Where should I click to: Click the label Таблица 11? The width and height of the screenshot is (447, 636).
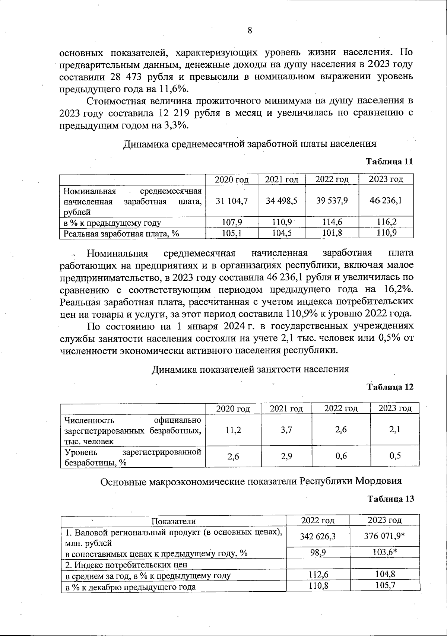[x=390, y=162]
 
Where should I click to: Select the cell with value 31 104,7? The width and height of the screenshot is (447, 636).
[x=232, y=201]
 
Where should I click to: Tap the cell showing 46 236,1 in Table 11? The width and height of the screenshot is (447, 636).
[x=386, y=201]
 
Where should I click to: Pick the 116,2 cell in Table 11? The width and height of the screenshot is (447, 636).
[x=386, y=222]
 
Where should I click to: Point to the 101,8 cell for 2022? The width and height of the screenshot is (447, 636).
[x=332, y=233]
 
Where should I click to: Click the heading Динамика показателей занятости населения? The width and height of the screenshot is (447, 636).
[x=250, y=369]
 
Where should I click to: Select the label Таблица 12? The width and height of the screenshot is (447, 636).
[x=390, y=387]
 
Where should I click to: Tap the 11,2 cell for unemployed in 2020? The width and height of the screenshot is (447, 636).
[x=233, y=430]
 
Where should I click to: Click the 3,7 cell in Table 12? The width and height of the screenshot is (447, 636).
[x=286, y=430]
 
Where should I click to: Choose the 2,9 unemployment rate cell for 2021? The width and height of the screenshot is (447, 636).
[x=286, y=456]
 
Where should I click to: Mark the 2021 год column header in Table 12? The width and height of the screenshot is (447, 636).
[x=286, y=408]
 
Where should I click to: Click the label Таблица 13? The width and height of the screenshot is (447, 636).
[x=390, y=499]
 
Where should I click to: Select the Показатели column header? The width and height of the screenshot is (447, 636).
[x=173, y=521]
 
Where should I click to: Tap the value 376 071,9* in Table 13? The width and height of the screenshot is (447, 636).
[x=384, y=536]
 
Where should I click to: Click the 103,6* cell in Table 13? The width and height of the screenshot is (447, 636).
[x=384, y=553]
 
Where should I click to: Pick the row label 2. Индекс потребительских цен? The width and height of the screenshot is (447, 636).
[x=126, y=565]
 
